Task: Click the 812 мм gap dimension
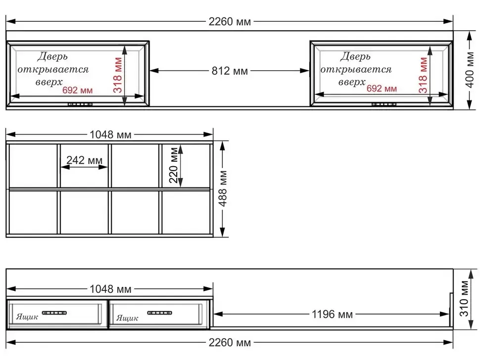pyautogui.click(x=230, y=71)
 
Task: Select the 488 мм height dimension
pyautogui.click(x=223, y=189)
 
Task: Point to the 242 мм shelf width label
pyautogui.click(x=85, y=160)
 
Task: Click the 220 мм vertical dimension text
pyautogui.click(x=174, y=165)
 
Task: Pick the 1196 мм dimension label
pyautogui.click(x=332, y=314)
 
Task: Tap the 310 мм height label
pyautogui.click(x=464, y=299)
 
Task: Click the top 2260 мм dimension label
pyautogui.click(x=230, y=22)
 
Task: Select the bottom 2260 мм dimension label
pyautogui.click(x=230, y=343)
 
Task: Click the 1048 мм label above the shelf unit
pyautogui.click(x=110, y=135)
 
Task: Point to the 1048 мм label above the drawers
pyautogui.click(x=110, y=289)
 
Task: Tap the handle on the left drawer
pyautogui.click(x=54, y=313)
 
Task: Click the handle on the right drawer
pyautogui.click(x=159, y=313)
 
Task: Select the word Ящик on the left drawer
pyautogui.click(x=27, y=317)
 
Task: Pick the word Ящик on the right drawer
pyautogui.click(x=127, y=318)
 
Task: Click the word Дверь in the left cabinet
pyautogui.click(x=52, y=56)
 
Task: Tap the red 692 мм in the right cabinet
pyautogui.click(x=382, y=89)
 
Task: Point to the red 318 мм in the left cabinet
pyautogui.click(x=118, y=75)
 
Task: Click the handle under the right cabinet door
pyautogui.click(x=384, y=104)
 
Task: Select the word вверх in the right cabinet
pyautogui.click(x=352, y=82)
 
